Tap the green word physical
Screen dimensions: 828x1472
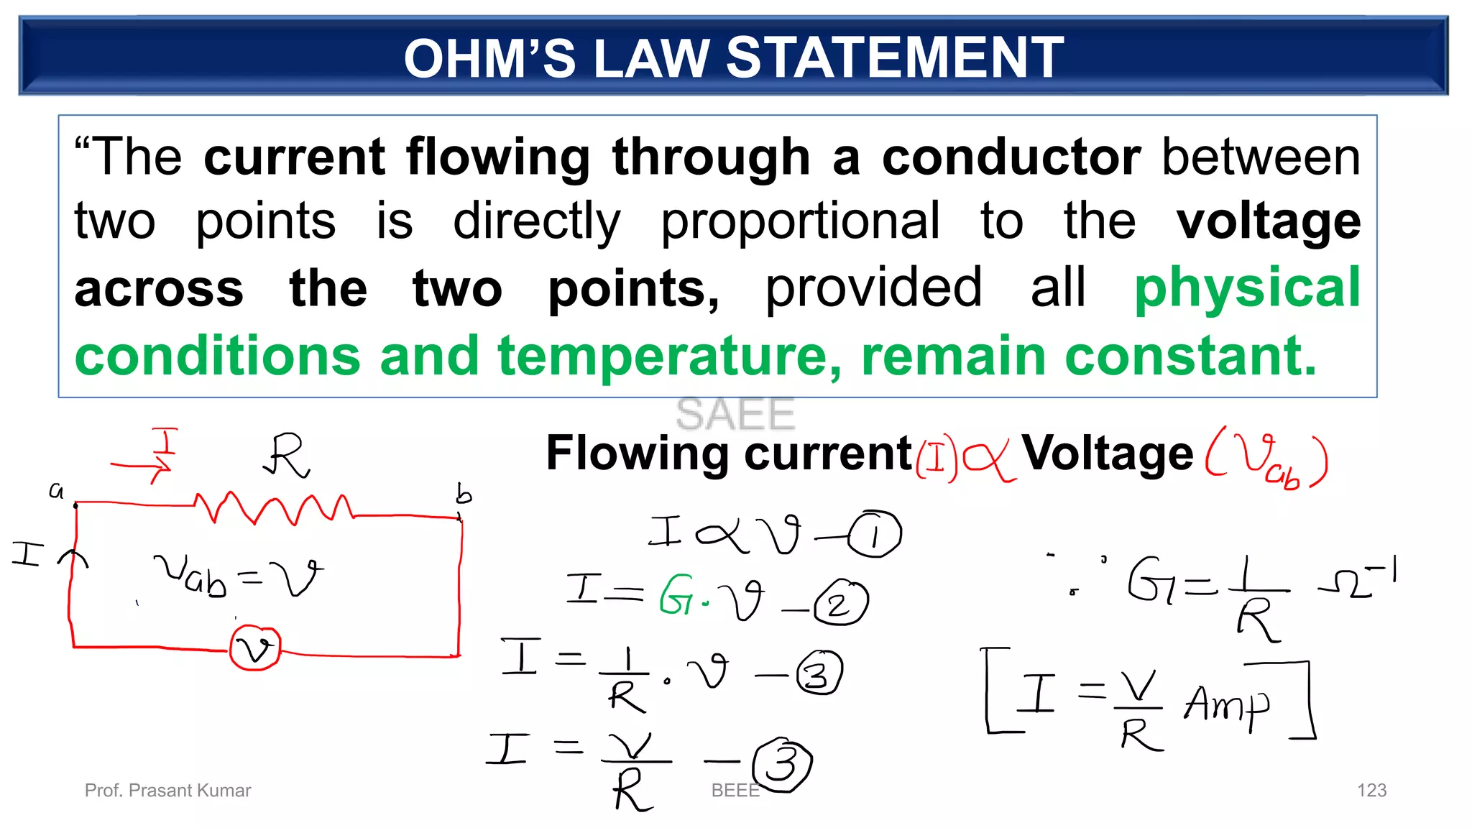coord(1247,287)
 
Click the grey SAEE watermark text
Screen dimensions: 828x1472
coord(735,414)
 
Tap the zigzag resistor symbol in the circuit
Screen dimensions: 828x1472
coord(273,508)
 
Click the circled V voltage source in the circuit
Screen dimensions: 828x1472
coord(255,648)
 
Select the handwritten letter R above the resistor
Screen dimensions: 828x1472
coord(287,455)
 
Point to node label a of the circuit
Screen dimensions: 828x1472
coord(56,491)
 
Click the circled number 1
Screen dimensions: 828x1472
coord(874,534)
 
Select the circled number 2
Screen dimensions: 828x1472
coord(840,603)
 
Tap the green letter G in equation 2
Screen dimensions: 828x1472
coord(676,594)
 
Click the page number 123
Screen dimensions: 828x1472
coord(1371,791)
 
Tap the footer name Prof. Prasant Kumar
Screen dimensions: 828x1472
coord(167,791)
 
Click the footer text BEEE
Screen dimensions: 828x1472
coord(735,791)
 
